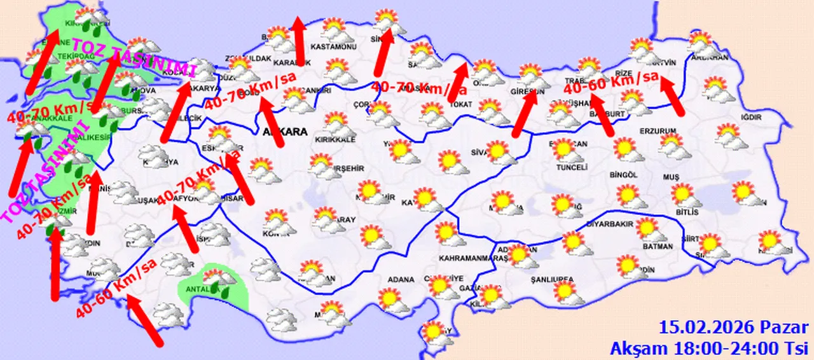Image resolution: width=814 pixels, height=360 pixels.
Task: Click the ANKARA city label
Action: coord(284,132)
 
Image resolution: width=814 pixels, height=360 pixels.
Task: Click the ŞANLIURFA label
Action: coord(552,279)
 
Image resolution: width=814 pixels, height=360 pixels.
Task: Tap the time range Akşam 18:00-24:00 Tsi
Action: coord(709,348)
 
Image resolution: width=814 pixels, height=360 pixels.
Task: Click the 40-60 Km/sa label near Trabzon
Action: coord(610,82)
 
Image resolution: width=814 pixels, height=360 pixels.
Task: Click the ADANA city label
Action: coord(399,279)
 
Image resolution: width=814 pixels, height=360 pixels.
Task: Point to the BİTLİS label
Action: coord(687,211)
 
